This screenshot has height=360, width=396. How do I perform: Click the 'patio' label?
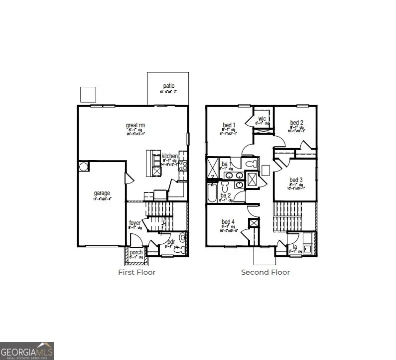(167, 85)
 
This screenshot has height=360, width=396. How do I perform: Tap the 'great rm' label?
(135, 125)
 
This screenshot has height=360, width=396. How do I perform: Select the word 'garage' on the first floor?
(102, 193)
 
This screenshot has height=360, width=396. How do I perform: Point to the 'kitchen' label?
(169, 156)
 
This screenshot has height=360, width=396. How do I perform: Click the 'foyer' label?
(135, 223)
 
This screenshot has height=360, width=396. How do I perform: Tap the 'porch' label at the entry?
(136, 252)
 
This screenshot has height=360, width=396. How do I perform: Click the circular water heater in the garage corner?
(84, 166)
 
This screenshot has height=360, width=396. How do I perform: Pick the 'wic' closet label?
(262, 119)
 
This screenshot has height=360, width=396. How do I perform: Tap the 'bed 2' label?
(296, 123)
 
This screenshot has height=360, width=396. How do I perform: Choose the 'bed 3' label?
(296, 180)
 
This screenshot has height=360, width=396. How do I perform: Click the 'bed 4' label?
(228, 222)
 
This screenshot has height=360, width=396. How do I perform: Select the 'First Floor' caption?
(136, 272)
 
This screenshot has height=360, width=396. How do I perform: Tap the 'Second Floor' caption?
(265, 272)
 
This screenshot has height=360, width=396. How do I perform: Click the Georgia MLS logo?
(27, 350)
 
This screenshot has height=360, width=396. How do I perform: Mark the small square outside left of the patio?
(88, 94)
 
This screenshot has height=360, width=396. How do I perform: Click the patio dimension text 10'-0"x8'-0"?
(167, 92)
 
